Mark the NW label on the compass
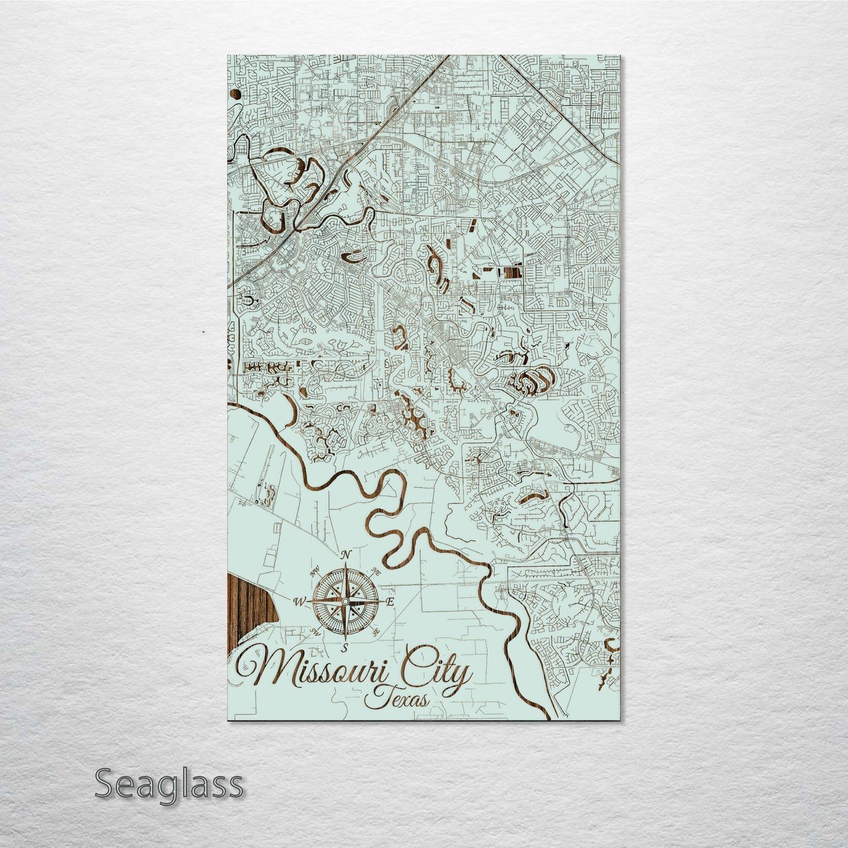coord(315,570)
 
